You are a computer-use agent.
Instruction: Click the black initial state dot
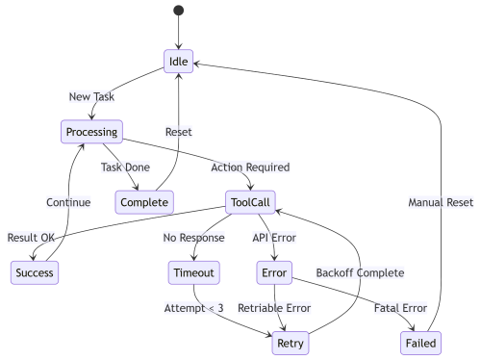[179, 11]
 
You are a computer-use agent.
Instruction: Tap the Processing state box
[91, 131]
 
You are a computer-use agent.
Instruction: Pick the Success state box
[35, 272]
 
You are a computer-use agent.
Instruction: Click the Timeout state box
[193, 272]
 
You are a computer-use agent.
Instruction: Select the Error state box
[275, 272]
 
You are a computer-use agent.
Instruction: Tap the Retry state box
[290, 343]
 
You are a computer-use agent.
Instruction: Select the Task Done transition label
[125, 167]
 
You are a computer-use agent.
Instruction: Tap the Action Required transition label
[249, 167]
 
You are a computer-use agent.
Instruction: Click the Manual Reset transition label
[442, 202]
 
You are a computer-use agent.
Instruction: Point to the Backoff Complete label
[360, 272]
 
